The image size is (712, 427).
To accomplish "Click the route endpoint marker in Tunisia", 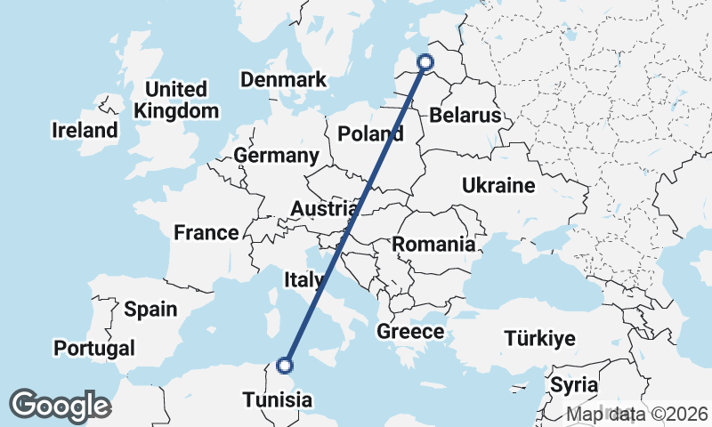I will tap(285, 365).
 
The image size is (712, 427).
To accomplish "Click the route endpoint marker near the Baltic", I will tap(425, 61).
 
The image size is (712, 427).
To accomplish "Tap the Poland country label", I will tap(371, 134).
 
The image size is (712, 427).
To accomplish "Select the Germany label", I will tap(276, 156).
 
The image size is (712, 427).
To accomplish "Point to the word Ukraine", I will tap(498, 185).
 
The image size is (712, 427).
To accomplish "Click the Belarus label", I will tap(465, 115).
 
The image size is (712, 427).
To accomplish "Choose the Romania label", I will tap(433, 244).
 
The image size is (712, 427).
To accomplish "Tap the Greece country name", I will tap(410, 331).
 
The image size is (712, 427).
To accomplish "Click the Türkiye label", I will tap(539, 338).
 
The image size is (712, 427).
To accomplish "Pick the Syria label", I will tap(574, 385).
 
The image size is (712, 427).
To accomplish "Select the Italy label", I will tap(303, 280).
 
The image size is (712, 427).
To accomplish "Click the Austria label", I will tap(324, 209).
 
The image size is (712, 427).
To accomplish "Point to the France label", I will tap(206, 233).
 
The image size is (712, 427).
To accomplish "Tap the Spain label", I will tap(150, 310).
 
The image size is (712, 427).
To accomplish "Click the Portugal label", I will tap(94, 348).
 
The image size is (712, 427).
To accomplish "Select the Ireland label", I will tap(85, 130).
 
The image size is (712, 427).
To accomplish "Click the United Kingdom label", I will tap(176, 100).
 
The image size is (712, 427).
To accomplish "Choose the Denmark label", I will tap(284, 80).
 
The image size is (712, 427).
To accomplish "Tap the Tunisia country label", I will tap(279, 399).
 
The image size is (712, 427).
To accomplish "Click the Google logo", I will tap(60, 405).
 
